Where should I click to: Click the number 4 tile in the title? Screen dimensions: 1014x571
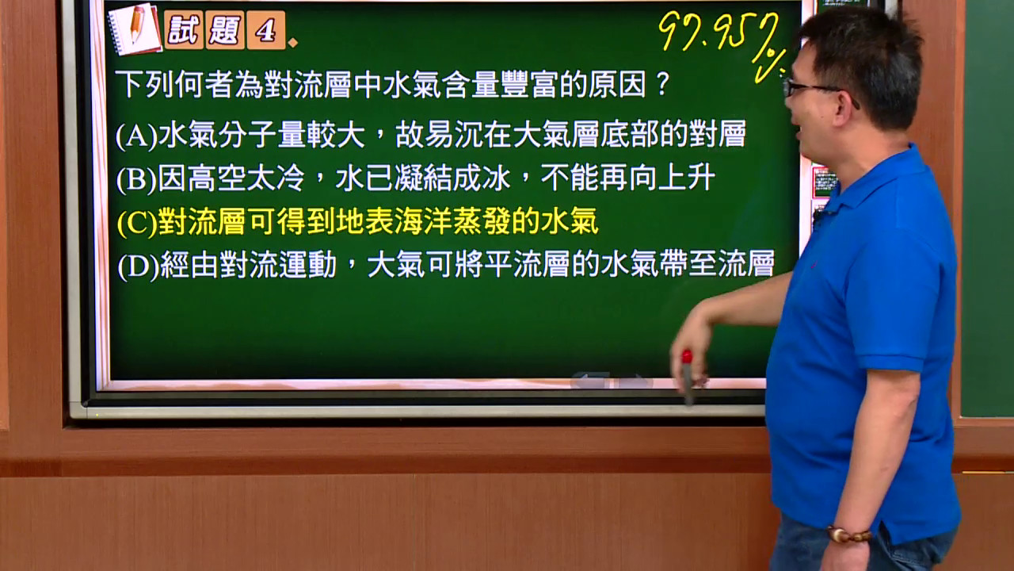(x=266, y=30)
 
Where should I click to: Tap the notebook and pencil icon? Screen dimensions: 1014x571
(x=135, y=29)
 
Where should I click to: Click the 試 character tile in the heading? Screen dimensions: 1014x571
(x=183, y=30)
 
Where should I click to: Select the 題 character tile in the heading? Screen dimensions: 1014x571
(x=225, y=30)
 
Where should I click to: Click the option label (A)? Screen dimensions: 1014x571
(x=136, y=135)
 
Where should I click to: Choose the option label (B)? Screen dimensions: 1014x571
(x=136, y=179)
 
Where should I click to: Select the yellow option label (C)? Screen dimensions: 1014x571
(x=137, y=223)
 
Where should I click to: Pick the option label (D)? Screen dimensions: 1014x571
(x=138, y=266)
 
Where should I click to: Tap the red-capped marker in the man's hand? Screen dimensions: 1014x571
(x=688, y=377)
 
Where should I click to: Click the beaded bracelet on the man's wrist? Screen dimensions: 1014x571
(x=848, y=534)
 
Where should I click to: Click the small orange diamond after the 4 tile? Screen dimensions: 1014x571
(x=293, y=43)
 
